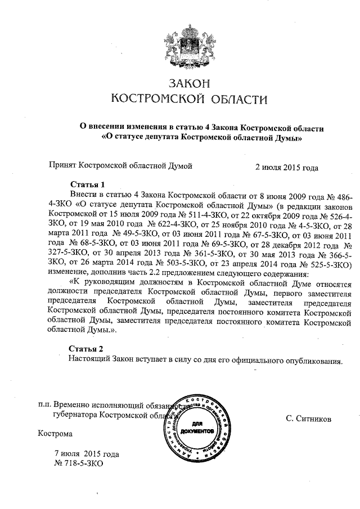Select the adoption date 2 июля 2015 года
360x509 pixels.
[286, 167]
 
